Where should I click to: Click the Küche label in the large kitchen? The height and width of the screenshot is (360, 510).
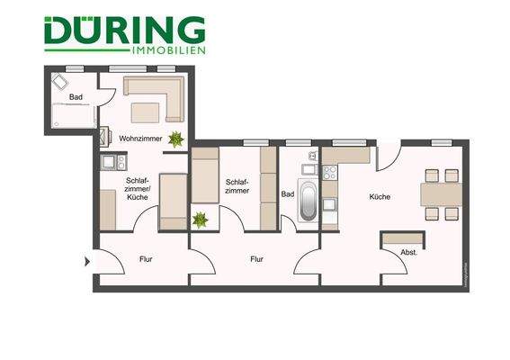[x=379, y=196]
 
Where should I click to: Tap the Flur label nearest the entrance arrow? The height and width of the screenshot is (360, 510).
[x=146, y=259]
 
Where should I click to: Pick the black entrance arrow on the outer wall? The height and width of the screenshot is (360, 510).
[x=87, y=262]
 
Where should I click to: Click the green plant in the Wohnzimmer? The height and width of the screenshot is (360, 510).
[x=177, y=139]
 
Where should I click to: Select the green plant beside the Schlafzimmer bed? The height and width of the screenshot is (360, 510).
[x=200, y=219]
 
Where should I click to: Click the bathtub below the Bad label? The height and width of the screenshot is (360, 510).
[x=307, y=202]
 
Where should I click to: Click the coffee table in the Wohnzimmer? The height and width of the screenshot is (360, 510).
[x=146, y=112]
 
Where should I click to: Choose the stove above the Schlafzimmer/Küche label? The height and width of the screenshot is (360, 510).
[x=114, y=162]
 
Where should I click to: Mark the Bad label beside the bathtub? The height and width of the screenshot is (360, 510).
[x=288, y=193]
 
